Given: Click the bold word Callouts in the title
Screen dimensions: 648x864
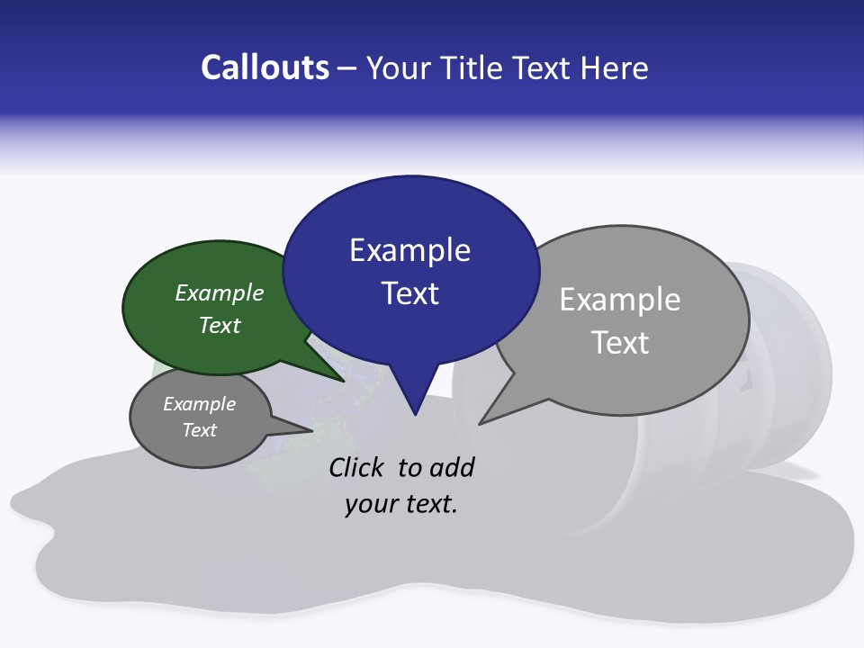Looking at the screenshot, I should pos(265,67).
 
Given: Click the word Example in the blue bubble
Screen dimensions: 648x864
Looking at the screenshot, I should pos(409,250).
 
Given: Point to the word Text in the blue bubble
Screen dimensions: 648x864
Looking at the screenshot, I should pos(409,293).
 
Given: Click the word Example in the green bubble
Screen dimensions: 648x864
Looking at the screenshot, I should pos(220,293).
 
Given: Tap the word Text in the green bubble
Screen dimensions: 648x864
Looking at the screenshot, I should pos(220,325).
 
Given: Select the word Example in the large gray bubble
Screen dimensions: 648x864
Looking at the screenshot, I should pos(620,300).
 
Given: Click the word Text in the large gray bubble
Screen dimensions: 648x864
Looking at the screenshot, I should pos(620,343).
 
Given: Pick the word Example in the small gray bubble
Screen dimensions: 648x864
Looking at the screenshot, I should pos(200,404).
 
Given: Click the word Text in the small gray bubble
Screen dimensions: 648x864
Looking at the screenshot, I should pos(200,430).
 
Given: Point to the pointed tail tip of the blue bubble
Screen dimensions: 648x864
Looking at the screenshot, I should pos(415,414).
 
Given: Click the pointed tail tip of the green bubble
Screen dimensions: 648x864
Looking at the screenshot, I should pos(345,381).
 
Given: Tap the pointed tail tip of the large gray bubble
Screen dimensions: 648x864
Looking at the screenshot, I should pos(479,423).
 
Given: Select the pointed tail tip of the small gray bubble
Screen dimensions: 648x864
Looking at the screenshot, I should pos(312,430).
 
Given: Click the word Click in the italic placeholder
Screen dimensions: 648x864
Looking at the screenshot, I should pos(357,467).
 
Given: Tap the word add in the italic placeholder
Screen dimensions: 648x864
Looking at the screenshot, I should pos(452,467).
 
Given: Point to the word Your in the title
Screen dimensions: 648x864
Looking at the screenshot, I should pos(397,67).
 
